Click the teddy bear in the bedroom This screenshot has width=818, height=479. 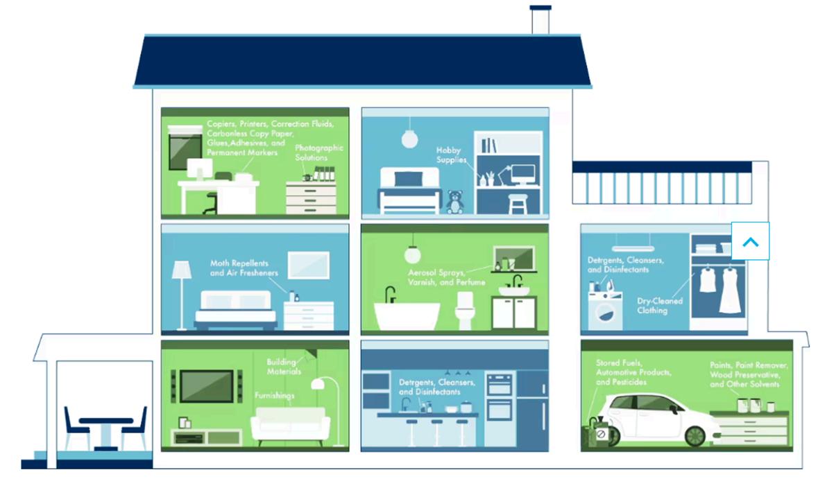coord(455,202)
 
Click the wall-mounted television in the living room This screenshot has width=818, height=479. coord(207,386)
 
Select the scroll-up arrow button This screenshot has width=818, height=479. coord(750,241)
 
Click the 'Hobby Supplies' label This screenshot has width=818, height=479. coord(451,155)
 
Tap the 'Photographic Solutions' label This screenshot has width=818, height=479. coord(319,153)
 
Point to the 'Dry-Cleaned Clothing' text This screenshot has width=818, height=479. coord(660,306)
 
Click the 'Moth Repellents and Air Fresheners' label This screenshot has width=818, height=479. coord(244,268)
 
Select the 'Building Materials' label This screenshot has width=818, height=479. coord(284,367)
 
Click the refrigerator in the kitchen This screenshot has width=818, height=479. coord(532,409)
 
